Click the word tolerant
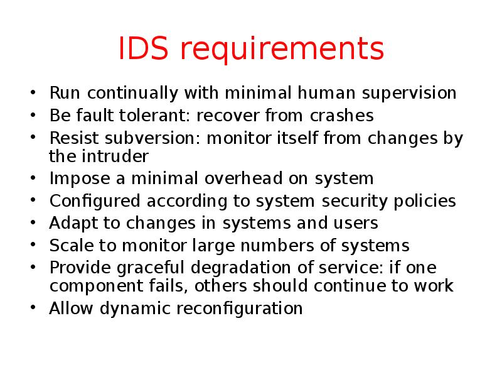(x=160, y=116)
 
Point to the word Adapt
(x=70, y=223)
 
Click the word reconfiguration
(x=240, y=309)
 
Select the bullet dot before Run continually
(x=33, y=94)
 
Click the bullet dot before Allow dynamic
(x=33, y=309)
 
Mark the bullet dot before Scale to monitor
(x=33, y=245)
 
